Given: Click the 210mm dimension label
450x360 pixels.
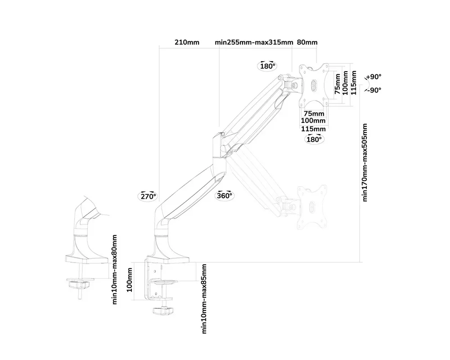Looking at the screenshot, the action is tap(187, 42).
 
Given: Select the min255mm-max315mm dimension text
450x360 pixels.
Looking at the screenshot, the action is tap(254, 42).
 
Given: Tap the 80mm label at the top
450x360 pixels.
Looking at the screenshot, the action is tap(307, 42).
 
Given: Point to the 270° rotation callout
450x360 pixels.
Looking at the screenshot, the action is tap(148, 196).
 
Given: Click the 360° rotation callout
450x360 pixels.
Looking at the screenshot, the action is tap(225, 195).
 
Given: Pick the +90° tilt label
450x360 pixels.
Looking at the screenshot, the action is tap(373, 77).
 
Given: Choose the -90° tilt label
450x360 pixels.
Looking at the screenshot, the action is tap(373, 90).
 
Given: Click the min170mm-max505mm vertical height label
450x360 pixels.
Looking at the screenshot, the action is tap(365, 162).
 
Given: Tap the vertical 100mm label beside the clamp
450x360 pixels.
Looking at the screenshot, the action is tap(130, 280).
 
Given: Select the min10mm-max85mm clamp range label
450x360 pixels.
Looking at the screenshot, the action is tap(204, 299).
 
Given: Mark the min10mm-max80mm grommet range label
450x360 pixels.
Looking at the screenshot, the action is tap(114, 270).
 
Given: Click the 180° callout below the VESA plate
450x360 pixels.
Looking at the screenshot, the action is tap(314, 139).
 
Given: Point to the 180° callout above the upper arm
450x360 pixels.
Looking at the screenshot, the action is tap(268, 66).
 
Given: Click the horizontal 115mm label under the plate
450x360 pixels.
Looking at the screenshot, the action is tap(313, 129).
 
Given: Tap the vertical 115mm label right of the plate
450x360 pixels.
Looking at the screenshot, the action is tap(354, 83).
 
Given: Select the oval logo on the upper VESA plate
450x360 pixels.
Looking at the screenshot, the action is tap(314, 84).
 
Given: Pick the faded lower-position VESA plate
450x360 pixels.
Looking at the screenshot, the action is tap(312, 207).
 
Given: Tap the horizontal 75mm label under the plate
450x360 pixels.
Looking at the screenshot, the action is tap(314, 114).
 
